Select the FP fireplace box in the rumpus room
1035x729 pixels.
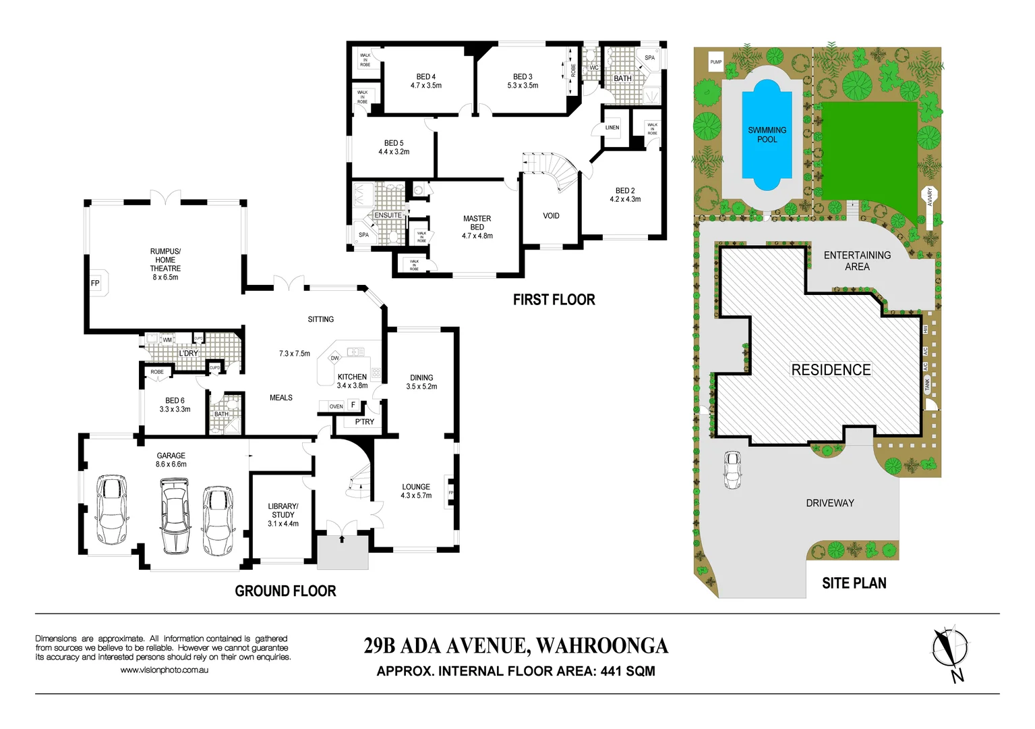tap(95, 283)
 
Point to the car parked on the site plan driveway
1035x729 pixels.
tap(732, 469)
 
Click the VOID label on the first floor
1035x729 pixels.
tap(551, 216)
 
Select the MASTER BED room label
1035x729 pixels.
tap(477, 223)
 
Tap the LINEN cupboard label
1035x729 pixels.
tap(612, 128)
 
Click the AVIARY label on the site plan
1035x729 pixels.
tap(929, 197)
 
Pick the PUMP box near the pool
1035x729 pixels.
tap(715, 62)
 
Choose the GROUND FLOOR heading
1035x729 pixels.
tap(285, 591)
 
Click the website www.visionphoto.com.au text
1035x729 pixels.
tap(164, 670)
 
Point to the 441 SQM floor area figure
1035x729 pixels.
tap(627, 672)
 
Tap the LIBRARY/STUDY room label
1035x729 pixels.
tap(283, 510)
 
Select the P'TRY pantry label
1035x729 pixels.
tap(364, 422)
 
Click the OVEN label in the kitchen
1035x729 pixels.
tap(336, 406)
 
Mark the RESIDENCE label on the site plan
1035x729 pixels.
tap(831, 370)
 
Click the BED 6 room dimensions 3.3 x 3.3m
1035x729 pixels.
tap(175, 409)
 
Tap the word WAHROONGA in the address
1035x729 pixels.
tap(601, 646)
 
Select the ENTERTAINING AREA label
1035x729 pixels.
tap(857, 261)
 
